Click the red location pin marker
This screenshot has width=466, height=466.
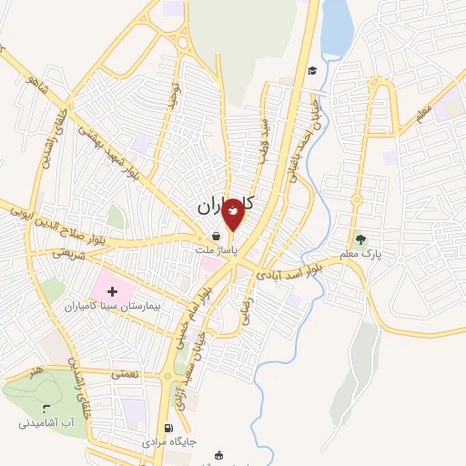[x=234, y=213]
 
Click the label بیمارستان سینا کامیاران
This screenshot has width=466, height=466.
[x=113, y=308]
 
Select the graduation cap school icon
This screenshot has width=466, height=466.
[x=312, y=71]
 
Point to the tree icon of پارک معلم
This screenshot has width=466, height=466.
[x=362, y=240]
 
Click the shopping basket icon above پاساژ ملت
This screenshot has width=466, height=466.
[x=215, y=234]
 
